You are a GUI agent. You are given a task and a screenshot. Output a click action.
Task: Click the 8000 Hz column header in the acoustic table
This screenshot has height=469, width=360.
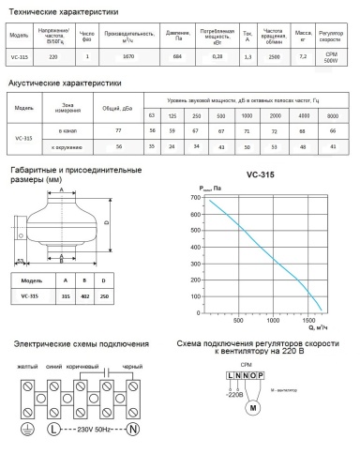335,113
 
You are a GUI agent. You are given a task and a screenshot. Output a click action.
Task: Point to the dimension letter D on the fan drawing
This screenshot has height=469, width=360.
108,222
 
